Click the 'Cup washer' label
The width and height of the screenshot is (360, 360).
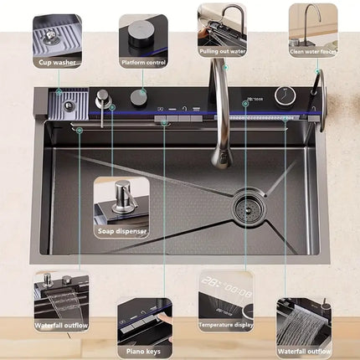pos(57,61)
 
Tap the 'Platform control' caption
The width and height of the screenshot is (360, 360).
pos(142,61)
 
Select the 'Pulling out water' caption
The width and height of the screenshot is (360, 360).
pos(222,49)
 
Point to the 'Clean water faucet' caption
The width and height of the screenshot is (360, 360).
pos(313,50)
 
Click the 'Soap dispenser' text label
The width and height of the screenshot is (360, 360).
pos(121,230)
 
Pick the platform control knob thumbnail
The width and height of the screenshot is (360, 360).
pos(142,33)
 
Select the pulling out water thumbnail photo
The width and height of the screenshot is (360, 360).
pos(222,23)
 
